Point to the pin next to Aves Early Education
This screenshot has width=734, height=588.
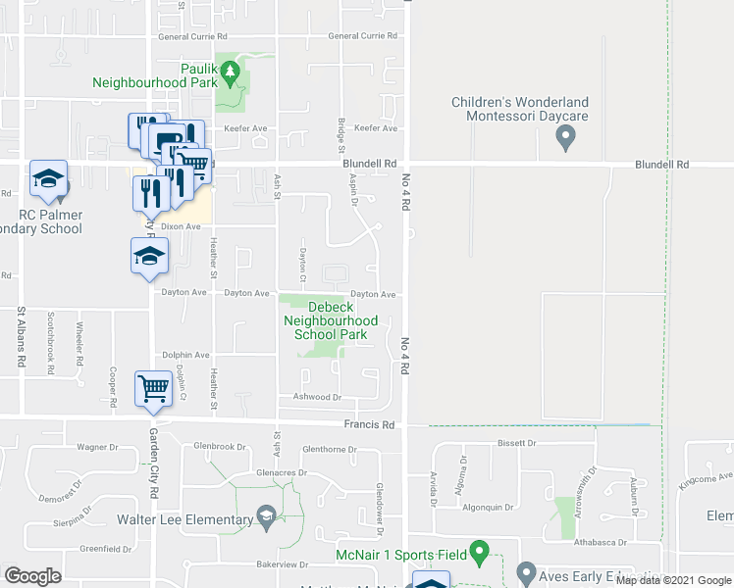point(525,572)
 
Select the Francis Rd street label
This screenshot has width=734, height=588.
point(369,425)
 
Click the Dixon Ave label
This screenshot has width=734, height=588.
point(181,226)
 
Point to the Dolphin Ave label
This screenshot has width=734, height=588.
point(185,355)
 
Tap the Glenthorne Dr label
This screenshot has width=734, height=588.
point(331,450)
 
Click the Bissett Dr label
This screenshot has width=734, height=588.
point(517,444)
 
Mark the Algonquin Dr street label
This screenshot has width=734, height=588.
point(488,508)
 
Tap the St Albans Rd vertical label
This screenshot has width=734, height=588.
point(21,337)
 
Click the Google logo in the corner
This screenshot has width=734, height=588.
point(32,576)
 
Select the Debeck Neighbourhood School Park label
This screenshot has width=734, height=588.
point(330,320)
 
